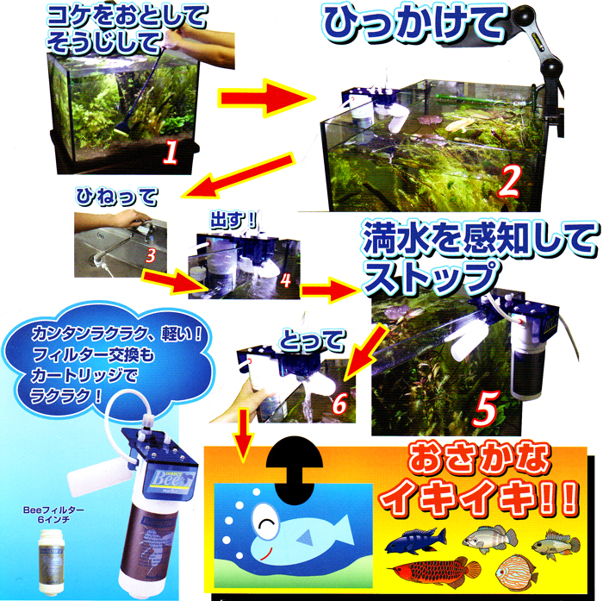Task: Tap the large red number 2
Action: (x=509, y=182)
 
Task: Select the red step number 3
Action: (x=150, y=255)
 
